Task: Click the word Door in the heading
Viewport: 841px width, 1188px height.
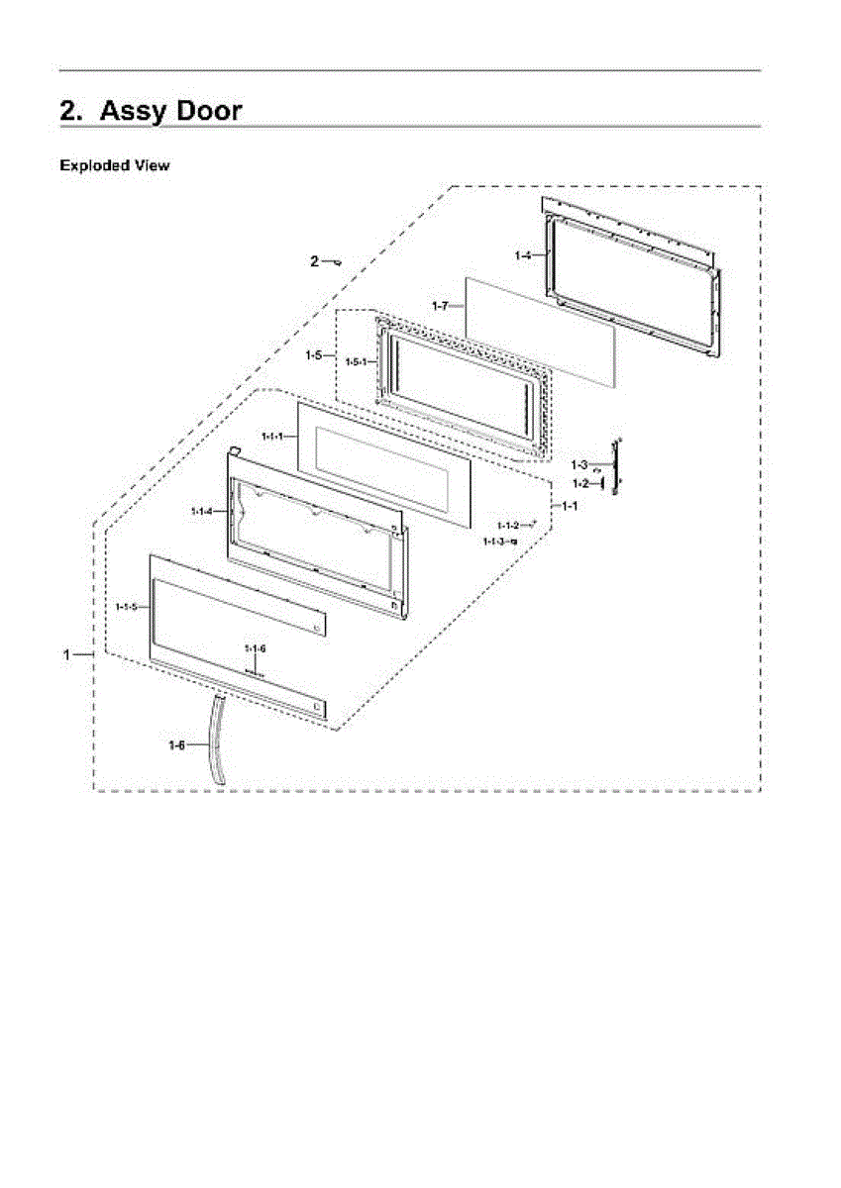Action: click(195, 111)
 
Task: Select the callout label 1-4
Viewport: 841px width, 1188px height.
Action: click(523, 255)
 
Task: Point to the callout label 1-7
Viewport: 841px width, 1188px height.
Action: click(441, 307)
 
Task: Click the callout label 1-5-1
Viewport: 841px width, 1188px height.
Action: click(356, 362)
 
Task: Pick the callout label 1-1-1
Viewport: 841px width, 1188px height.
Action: click(272, 436)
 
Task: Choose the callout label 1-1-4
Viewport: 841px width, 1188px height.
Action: click(201, 511)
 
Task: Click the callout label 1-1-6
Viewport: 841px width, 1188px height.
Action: click(256, 647)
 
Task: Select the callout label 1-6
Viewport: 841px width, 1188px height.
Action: click(176, 744)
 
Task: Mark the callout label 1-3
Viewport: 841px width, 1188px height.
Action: click(579, 464)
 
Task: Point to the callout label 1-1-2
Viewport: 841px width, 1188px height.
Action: click(507, 525)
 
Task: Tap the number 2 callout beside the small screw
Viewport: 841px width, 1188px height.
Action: click(314, 261)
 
